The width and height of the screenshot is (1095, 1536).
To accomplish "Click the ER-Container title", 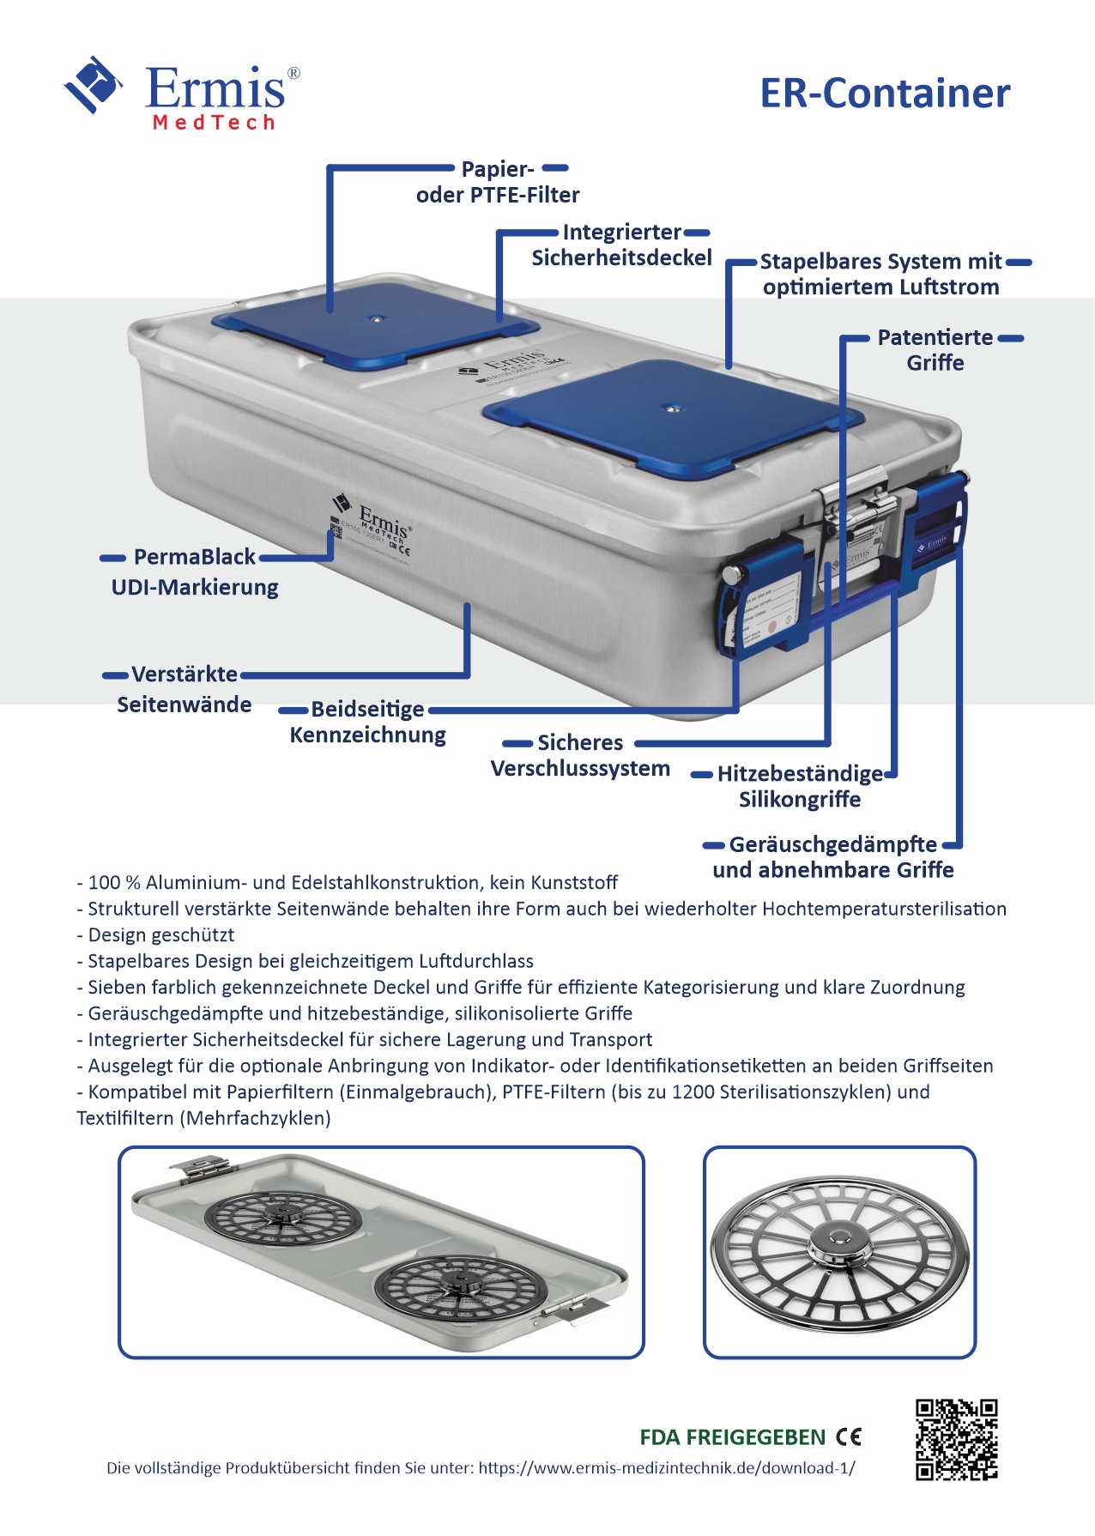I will pos(885,93).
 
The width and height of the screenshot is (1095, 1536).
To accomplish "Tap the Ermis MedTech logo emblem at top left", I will pos(92,84).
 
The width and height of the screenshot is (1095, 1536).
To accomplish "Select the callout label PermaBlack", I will pos(195,557).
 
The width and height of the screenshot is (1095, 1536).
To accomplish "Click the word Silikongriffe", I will pos(800,800).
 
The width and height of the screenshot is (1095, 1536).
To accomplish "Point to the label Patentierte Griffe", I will pos(935,350).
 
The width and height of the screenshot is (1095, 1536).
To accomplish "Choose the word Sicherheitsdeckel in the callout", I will pos(621,258).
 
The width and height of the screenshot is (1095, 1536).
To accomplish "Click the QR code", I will pos(956,1439).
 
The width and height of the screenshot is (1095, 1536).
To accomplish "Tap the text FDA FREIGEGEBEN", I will pos(732,1437).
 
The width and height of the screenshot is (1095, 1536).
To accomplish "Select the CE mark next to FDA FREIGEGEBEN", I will pos(849,1436).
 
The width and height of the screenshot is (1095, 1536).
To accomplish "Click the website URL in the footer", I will pos(667,1468).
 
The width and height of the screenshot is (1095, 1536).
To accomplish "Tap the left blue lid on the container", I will pos(376,325).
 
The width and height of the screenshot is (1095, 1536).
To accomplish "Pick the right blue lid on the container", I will pos(661,417).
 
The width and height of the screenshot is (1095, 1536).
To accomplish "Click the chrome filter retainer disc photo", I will pos(839,1252).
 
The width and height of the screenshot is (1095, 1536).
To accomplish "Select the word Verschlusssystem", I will pos(580,769).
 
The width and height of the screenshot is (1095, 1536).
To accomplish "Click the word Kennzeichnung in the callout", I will pos(367,735).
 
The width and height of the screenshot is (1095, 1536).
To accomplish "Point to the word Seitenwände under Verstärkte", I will pos(185,705).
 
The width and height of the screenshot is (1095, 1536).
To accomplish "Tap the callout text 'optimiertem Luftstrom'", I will pos(880,287).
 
